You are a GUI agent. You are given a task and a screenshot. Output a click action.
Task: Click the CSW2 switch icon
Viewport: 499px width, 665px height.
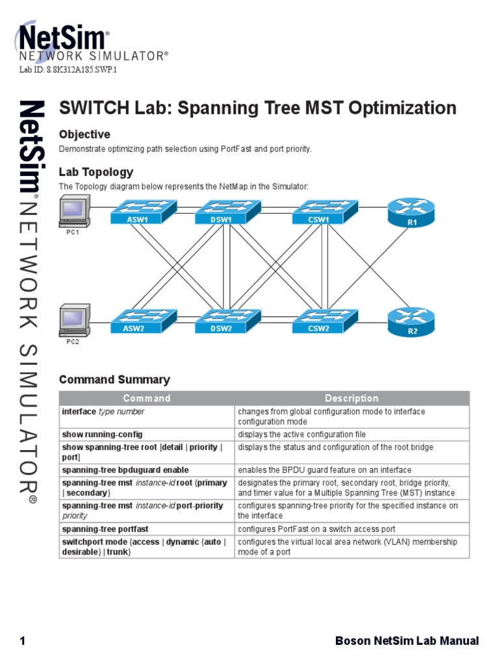[318, 321]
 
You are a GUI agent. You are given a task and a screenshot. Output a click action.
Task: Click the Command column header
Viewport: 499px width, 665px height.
[147, 398]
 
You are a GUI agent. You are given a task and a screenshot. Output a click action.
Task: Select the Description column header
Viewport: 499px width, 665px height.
[352, 398]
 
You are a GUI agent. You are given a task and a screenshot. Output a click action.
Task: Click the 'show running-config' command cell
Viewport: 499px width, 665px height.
[102, 434]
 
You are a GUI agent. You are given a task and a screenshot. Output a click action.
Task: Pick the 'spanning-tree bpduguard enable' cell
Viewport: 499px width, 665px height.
[125, 470]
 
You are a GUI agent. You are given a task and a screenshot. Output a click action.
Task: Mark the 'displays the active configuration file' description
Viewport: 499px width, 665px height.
[301, 434]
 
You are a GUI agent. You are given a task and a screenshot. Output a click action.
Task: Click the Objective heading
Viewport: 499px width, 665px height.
[84, 134]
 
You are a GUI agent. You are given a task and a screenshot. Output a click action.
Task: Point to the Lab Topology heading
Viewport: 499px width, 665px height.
[96, 172]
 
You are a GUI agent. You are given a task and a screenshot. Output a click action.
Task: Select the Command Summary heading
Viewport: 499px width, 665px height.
[114, 379]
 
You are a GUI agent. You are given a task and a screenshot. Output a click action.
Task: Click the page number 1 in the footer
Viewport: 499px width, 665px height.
[23, 641]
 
